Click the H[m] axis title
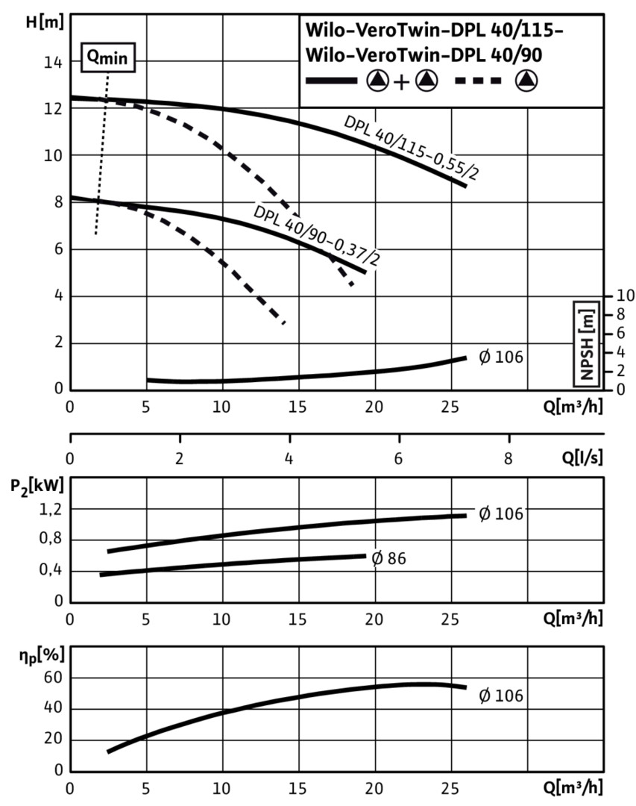pos(42,22)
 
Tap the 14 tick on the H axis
pos(51,62)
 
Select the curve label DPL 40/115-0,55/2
pos(411,149)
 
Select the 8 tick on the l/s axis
pos(509,457)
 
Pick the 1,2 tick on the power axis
pos(51,509)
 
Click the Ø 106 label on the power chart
pos(500,514)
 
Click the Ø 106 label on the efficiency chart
pos(500,696)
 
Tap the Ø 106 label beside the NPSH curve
pos(500,357)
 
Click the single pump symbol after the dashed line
pos(528,81)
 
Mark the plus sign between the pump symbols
pos(401,81)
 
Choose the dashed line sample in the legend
pos(478,81)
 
